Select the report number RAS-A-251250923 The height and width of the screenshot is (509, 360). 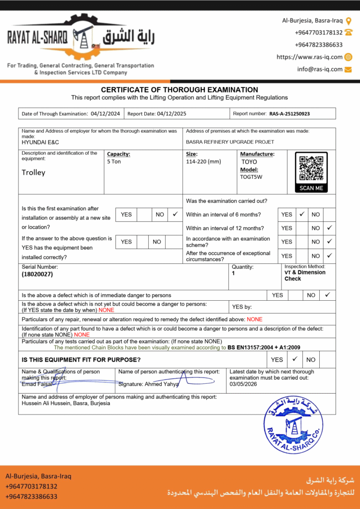(289, 114)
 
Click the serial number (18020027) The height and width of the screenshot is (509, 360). (37, 274)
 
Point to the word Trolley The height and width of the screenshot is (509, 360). (33, 172)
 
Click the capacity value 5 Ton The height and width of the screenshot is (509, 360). (114, 162)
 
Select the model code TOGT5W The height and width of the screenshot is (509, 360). (251, 176)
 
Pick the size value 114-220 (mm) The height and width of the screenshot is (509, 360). (203, 162)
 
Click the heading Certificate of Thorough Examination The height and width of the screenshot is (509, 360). (180, 90)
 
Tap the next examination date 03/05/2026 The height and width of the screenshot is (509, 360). (243, 384)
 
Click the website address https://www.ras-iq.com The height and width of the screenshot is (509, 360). (309, 57)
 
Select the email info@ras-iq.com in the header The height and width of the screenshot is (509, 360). (320, 69)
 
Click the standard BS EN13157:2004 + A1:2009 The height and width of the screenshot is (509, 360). (264, 347)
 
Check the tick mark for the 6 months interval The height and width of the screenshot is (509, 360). (302, 214)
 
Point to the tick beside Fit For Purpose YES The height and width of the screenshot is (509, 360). (295, 359)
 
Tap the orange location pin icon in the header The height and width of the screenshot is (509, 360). (349, 21)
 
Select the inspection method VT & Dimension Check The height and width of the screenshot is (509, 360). (305, 275)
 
